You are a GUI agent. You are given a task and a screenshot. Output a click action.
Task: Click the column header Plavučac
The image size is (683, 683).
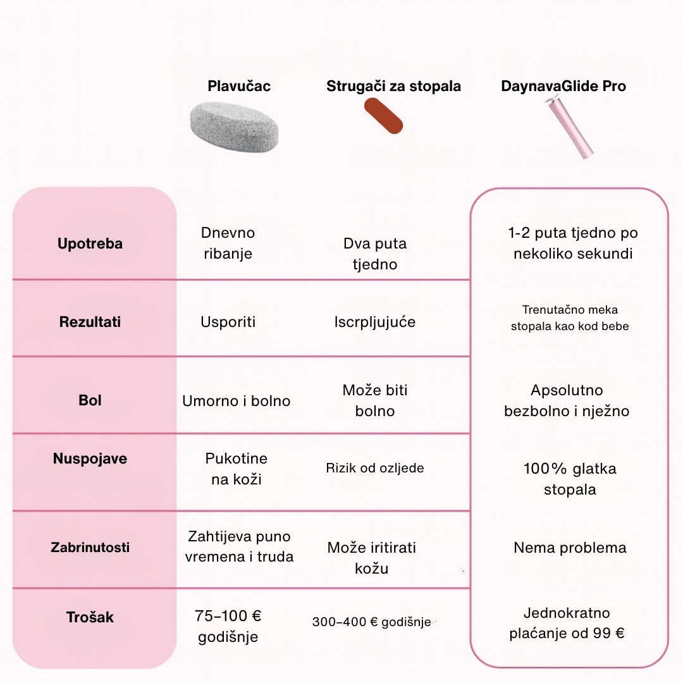pos(239,86)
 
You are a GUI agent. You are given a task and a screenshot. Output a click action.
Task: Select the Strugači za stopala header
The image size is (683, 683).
pos(393,86)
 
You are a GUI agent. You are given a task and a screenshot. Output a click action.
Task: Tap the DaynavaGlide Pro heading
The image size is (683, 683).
pos(563,86)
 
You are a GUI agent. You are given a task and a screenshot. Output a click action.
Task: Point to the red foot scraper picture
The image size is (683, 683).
pos(384,116)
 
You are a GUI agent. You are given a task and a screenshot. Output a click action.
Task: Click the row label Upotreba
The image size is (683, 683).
pos(90,243)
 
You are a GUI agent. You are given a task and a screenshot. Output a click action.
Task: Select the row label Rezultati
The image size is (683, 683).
pos(90,322)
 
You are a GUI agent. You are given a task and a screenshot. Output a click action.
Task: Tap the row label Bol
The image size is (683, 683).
pos(90,400)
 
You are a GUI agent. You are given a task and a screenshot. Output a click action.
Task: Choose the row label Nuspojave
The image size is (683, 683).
pos(90,458)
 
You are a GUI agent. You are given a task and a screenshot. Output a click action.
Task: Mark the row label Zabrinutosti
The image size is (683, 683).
pos(90,547)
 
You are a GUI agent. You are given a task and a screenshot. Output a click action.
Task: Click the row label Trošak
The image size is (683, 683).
pos(90,617)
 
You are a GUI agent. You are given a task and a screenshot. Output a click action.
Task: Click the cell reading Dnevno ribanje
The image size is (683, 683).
pos(228,243)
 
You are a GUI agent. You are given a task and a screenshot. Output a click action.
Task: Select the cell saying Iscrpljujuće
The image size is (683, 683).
pos(375,322)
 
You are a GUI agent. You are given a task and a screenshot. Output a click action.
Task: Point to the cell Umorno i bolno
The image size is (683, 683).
pos(236,400)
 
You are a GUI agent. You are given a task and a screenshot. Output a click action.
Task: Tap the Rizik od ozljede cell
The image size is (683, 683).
pos(375,468)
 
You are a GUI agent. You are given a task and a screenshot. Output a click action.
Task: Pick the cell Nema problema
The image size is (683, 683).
pos(570,548)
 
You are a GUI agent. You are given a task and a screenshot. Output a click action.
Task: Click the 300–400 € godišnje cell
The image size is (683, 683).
pos(371,622)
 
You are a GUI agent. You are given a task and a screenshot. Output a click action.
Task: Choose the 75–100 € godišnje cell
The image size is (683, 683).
pos(228,626)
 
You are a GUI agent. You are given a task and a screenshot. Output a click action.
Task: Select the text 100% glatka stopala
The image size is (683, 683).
pos(570,479)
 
